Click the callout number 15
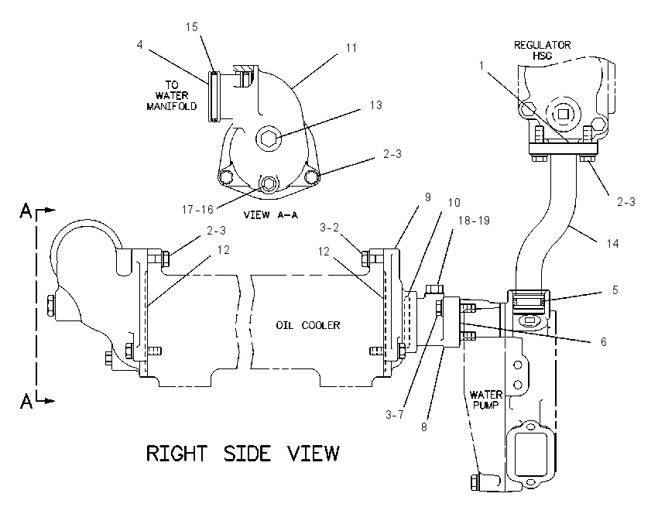point(191,27)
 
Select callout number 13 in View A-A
point(376,105)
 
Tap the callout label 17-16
point(197,209)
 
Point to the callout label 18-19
point(474,221)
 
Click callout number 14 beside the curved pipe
point(612,243)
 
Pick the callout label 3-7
point(395,415)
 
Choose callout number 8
point(424,427)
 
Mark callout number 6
point(604,342)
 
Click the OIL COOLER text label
point(307,325)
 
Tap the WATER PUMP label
point(485,400)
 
